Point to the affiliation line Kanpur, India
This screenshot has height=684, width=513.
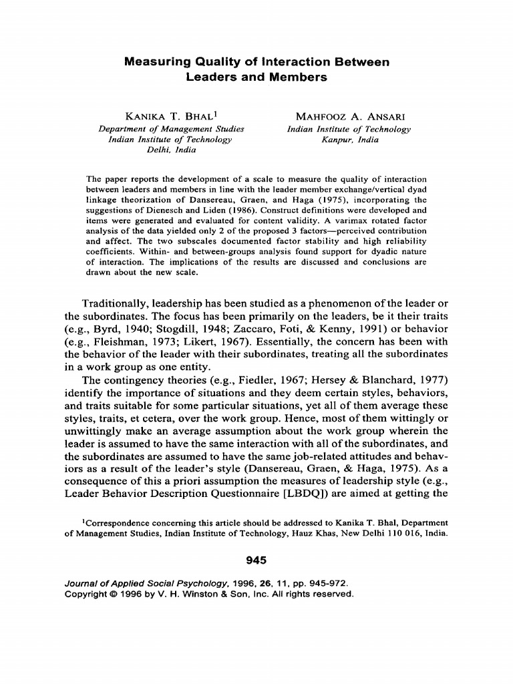coord(349,140)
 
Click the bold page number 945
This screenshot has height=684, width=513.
coord(256,559)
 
